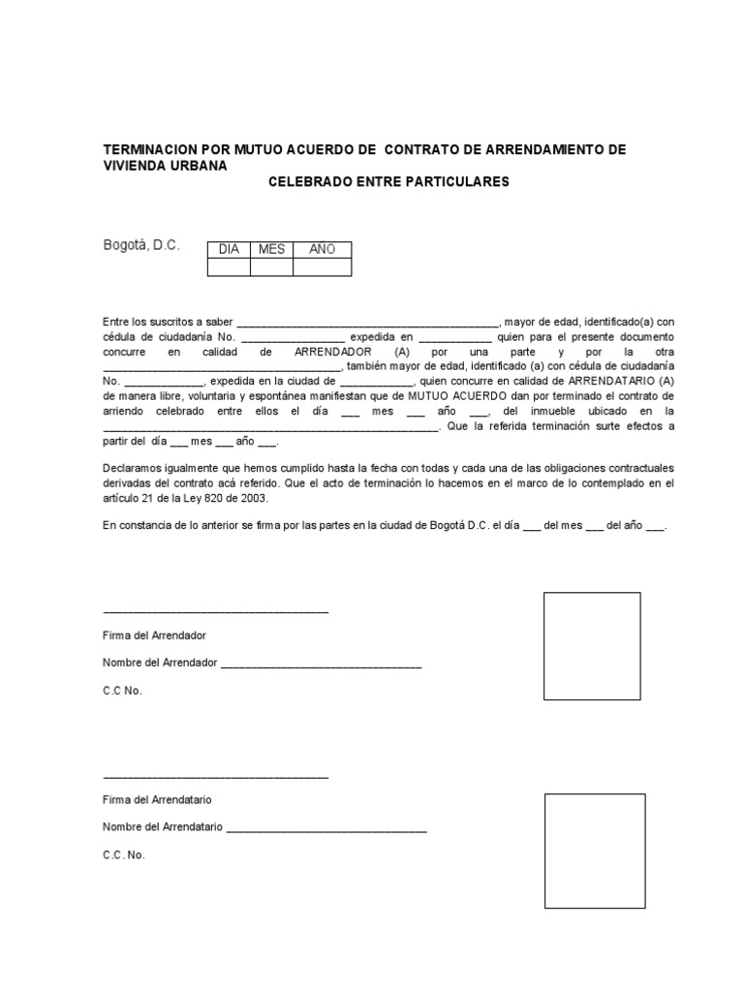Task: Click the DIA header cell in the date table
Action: (229, 250)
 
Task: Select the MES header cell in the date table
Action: (271, 250)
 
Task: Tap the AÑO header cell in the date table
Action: (322, 250)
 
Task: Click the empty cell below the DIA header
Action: (229, 267)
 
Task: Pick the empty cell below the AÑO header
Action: (322, 267)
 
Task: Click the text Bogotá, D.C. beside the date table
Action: (141, 246)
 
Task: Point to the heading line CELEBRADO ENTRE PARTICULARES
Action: (387, 182)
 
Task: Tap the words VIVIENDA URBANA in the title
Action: (165, 166)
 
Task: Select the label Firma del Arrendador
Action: (154, 635)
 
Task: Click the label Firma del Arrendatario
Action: (157, 800)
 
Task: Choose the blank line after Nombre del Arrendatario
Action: (325, 831)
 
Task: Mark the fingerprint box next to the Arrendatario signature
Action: (594, 851)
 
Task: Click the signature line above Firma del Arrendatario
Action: (215, 778)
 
